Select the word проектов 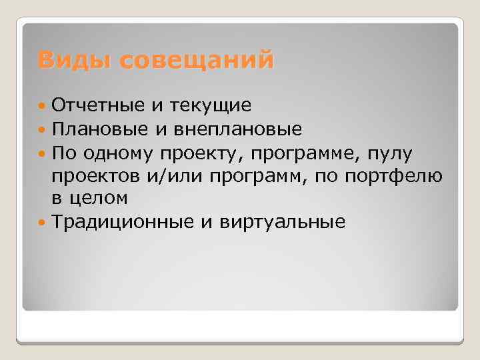click(x=95, y=175)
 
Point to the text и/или click(x=175, y=175)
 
